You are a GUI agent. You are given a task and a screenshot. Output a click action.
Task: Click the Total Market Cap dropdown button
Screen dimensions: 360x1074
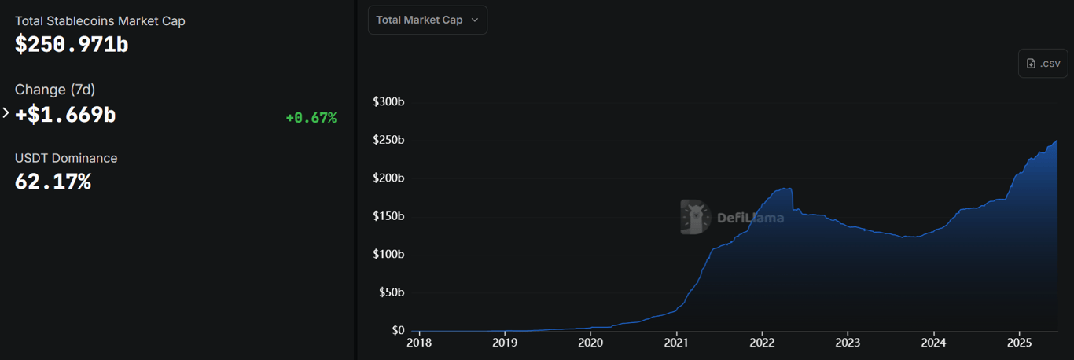click(427, 20)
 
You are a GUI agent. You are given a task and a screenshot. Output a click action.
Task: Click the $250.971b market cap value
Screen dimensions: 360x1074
click(72, 44)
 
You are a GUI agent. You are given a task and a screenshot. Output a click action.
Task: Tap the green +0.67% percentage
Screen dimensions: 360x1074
click(311, 118)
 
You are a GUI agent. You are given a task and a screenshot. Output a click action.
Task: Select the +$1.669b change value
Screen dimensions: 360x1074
click(65, 115)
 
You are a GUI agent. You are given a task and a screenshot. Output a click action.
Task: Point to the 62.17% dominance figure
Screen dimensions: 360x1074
click(53, 182)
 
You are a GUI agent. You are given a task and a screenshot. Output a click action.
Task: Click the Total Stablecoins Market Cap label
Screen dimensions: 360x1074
click(100, 21)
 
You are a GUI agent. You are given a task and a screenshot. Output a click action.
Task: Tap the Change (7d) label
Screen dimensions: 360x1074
click(55, 90)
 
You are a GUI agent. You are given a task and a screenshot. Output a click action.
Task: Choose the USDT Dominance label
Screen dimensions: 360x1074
click(66, 158)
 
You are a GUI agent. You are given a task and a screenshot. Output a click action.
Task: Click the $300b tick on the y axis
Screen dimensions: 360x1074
click(388, 102)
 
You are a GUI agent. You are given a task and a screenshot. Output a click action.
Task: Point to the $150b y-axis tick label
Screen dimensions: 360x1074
click(388, 216)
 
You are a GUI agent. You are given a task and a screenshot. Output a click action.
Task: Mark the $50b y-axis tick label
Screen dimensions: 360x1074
click(391, 292)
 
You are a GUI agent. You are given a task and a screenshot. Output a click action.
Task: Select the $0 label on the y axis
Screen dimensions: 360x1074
click(396, 331)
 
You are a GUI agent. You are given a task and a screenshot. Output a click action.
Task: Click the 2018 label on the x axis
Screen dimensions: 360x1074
click(419, 343)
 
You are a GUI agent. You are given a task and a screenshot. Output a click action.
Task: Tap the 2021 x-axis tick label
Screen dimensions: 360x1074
click(676, 343)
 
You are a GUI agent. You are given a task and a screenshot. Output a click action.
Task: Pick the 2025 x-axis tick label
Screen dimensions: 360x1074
click(1019, 343)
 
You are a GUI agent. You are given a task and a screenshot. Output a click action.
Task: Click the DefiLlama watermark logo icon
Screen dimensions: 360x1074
click(696, 217)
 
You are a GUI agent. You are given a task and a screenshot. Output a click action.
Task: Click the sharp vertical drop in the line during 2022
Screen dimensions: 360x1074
click(793, 200)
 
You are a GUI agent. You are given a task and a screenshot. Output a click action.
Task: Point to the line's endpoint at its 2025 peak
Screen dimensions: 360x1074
click(1057, 141)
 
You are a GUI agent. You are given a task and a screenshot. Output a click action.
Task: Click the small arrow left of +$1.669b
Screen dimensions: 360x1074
click(6, 113)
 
